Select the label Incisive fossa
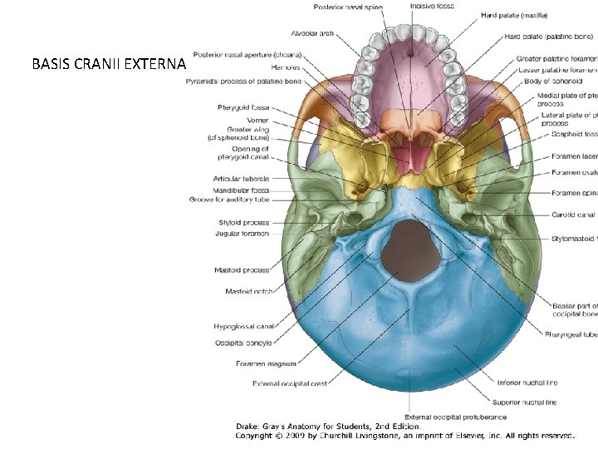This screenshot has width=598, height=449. pyautogui.click(x=432, y=7)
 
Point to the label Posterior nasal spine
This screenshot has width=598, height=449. pyautogui.click(x=348, y=7)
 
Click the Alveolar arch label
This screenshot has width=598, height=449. pyautogui.click(x=313, y=34)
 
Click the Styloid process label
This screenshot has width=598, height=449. pyautogui.click(x=244, y=223)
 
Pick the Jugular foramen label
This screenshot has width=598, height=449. pyautogui.click(x=243, y=234)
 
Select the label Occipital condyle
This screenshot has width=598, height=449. pyautogui.click(x=243, y=343)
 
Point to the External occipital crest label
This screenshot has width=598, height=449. pyautogui.click(x=290, y=383)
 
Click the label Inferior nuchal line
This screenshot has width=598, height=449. pyautogui.click(x=532, y=383)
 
